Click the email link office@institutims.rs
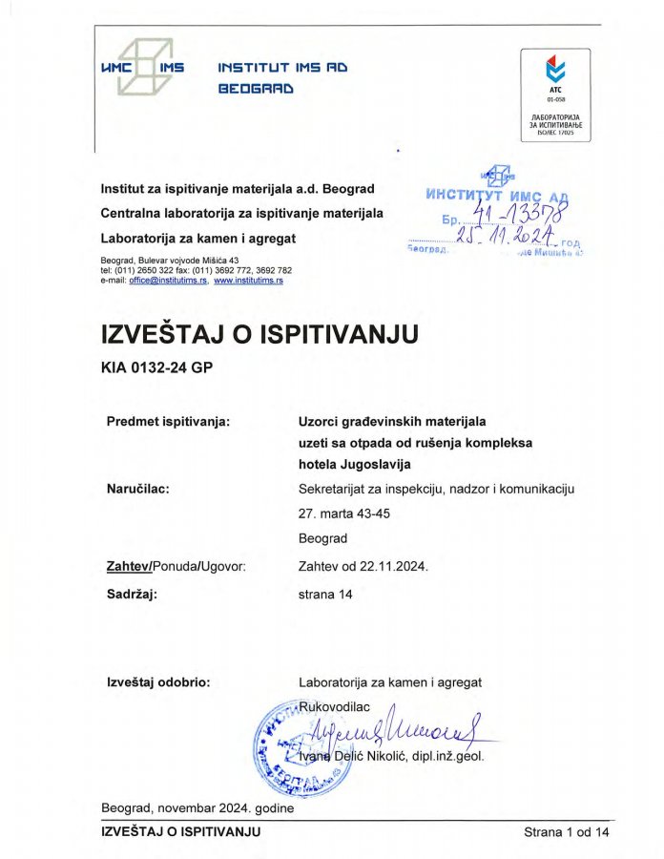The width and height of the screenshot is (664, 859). tap(168, 281)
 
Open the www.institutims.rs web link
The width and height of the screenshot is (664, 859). tap(248, 281)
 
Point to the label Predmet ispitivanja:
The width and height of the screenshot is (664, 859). tap(167, 420)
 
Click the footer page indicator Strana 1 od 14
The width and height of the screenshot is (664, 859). tap(566, 832)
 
